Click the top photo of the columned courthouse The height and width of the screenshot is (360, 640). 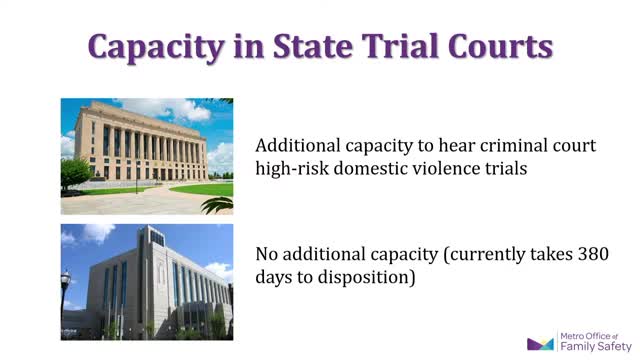coord(146,155)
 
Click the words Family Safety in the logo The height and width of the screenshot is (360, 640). coord(595,348)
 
